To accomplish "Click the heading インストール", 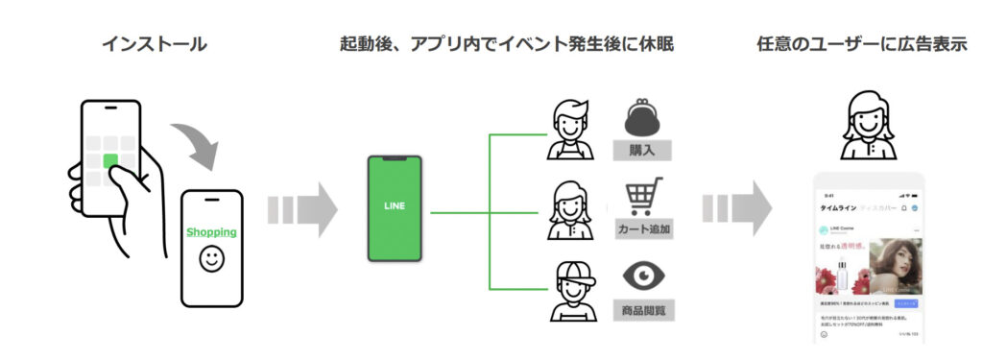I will [155, 45].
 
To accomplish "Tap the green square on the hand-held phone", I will [111, 159].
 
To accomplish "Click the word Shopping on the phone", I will [211, 232].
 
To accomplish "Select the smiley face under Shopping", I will [211, 258].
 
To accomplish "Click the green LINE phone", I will [396, 208].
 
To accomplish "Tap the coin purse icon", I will [641, 118].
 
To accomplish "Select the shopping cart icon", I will [641, 199].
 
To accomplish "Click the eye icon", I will [641, 277].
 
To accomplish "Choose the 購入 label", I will [641, 150].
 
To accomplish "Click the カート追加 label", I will [641, 229].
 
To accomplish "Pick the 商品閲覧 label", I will [641, 310].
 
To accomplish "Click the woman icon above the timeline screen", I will [868, 125].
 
